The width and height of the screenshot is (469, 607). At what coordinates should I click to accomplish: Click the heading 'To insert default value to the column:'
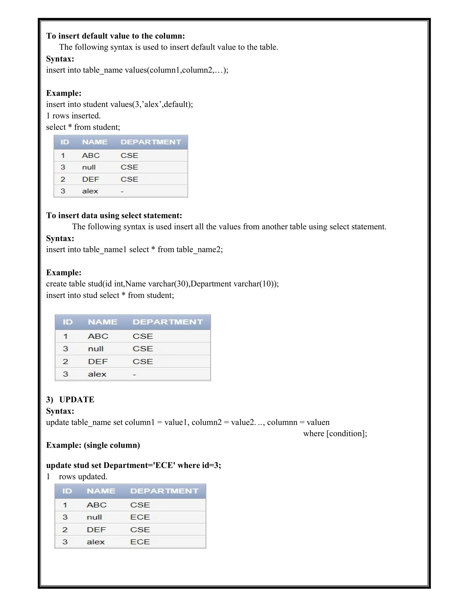(x=115, y=36)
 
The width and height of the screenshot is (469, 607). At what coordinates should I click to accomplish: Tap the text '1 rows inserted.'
(x=73, y=116)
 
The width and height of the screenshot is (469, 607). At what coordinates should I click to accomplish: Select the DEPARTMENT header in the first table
(x=151, y=142)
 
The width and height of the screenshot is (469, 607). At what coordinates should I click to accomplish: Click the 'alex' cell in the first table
(x=90, y=191)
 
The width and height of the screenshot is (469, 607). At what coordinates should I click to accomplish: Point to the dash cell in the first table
(x=122, y=191)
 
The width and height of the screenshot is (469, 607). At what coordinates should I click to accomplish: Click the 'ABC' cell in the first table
(x=91, y=155)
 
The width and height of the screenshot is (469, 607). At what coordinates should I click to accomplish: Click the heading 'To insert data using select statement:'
(x=114, y=215)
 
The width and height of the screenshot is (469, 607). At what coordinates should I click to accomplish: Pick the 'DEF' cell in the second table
(x=98, y=362)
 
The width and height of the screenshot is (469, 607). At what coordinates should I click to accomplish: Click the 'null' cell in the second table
(x=95, y=349)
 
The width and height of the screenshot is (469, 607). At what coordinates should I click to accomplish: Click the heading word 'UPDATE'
(x=77, y=399)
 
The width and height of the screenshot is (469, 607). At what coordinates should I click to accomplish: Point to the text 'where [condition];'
(x=335, y=434)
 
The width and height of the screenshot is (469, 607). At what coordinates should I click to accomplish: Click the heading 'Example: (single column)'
(x=93, y=445)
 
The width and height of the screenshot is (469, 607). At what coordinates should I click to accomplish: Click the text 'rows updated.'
(x=83, y=477)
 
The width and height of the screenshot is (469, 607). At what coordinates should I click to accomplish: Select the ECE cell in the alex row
(x=140, y=542)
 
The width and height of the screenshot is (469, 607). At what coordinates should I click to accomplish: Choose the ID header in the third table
(x=67, y=491)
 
